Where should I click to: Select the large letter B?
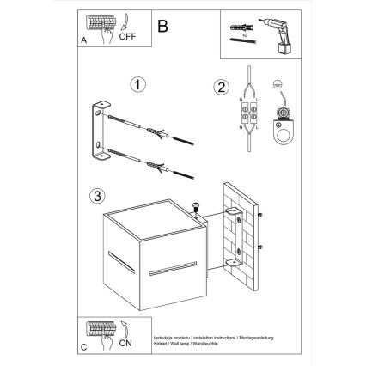click(164, 27)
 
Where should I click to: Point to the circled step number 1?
click(137, 85)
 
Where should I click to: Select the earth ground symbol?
click(277, 86)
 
